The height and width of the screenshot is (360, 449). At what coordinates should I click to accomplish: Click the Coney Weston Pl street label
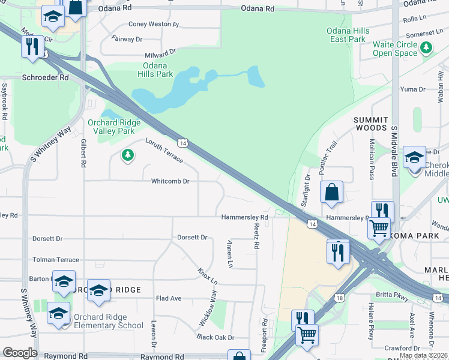tap(154, 25)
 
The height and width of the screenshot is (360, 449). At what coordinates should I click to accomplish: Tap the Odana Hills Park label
tap(158, 70)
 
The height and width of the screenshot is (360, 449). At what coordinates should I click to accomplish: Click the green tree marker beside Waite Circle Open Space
tap(426, 47)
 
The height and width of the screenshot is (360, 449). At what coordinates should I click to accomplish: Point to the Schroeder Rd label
tap(45, 77)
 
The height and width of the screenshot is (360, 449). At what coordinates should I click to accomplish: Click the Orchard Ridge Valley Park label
tap(114, 127)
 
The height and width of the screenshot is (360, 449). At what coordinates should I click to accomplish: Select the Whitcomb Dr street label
tap(170, 181)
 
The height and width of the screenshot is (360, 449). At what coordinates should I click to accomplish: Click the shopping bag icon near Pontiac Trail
tap(331, 193)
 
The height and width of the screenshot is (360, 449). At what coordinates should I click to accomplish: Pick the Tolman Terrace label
tap(56, 260)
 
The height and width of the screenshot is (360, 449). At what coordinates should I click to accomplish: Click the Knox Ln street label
tap(208, 276)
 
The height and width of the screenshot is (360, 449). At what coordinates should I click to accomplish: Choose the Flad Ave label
tap(169, 298)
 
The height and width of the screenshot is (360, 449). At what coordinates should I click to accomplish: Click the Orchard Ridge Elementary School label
tap(108, 321)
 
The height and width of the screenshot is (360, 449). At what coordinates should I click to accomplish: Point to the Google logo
tap(20, 353)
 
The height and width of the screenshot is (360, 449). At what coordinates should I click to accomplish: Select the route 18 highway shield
tap(340, 298)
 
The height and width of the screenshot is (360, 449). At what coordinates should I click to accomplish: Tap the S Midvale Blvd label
tap(394, 152)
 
